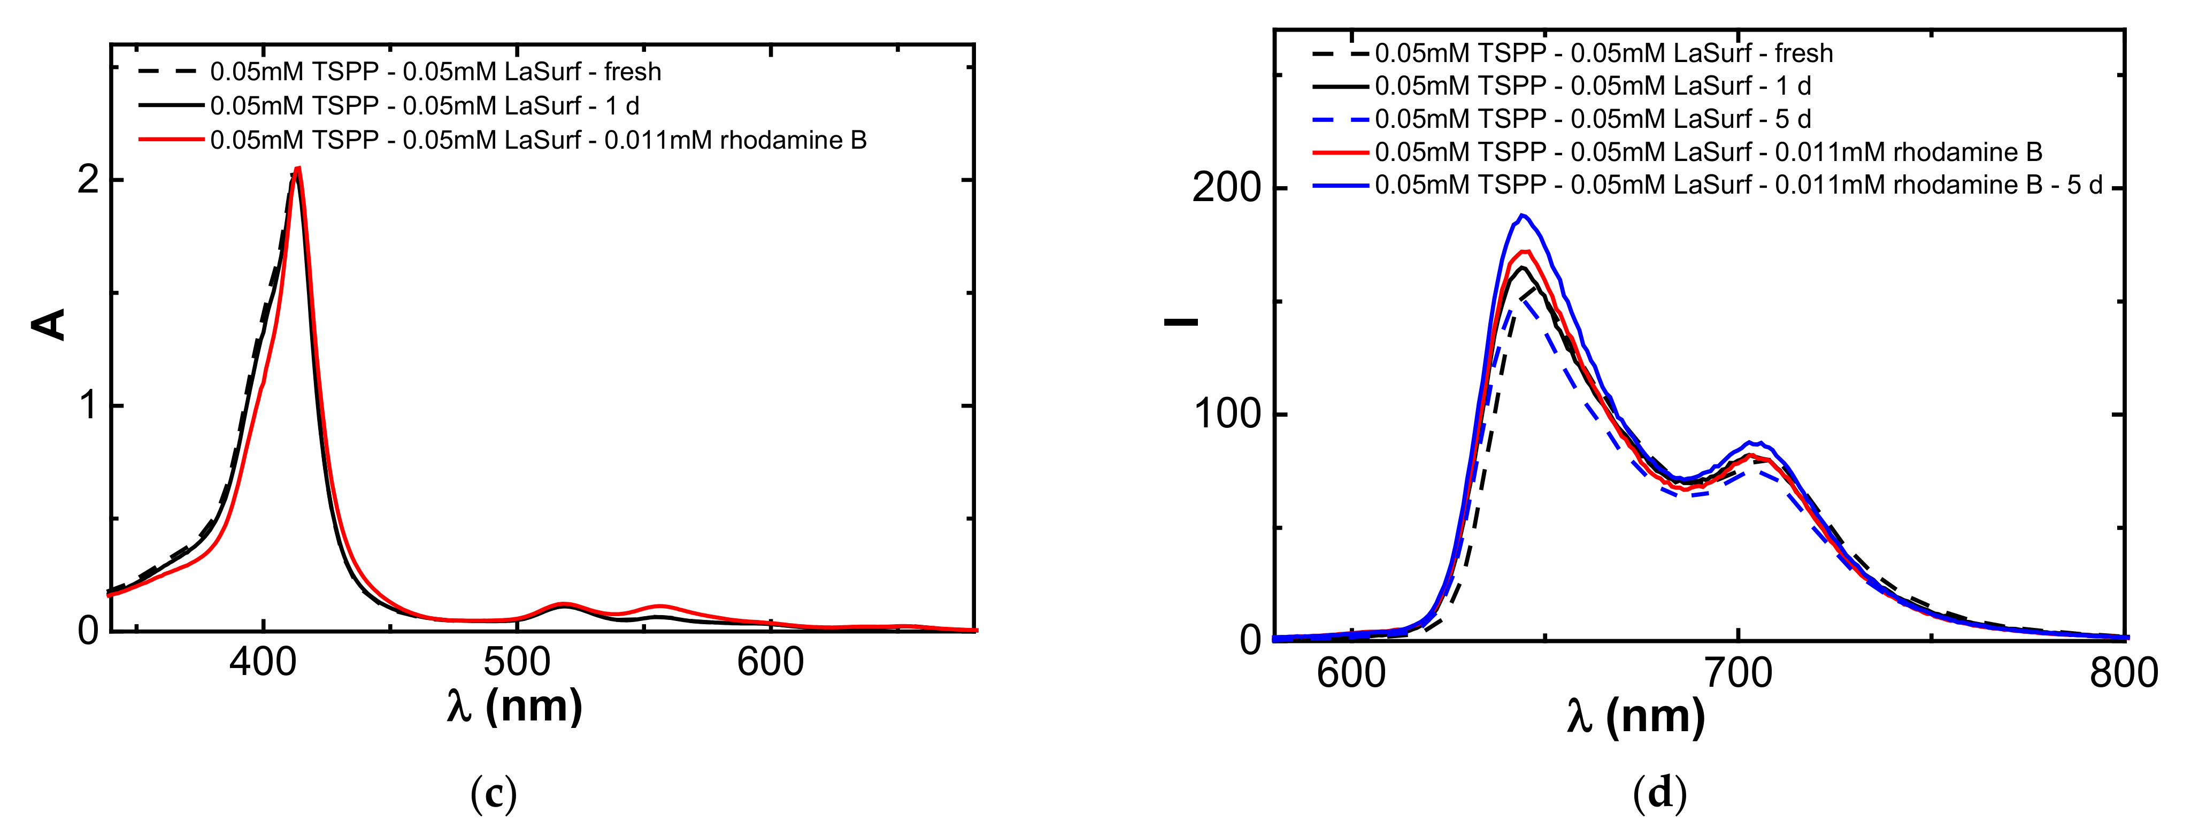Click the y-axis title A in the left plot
pyautogui.click(x=49, y=325)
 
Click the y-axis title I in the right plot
pyautogui.click(x=1181, y=321)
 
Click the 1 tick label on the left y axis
pyautogui.click(x=88, y=405)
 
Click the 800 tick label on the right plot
pyautogui.click(x=2124, y=673)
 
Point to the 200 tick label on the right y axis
pyautogui.click(x=1226, y=187)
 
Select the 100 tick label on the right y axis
pyautogui.click(x=1226, y=414)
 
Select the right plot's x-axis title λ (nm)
pyautogui.click(x=1635, y=717)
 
